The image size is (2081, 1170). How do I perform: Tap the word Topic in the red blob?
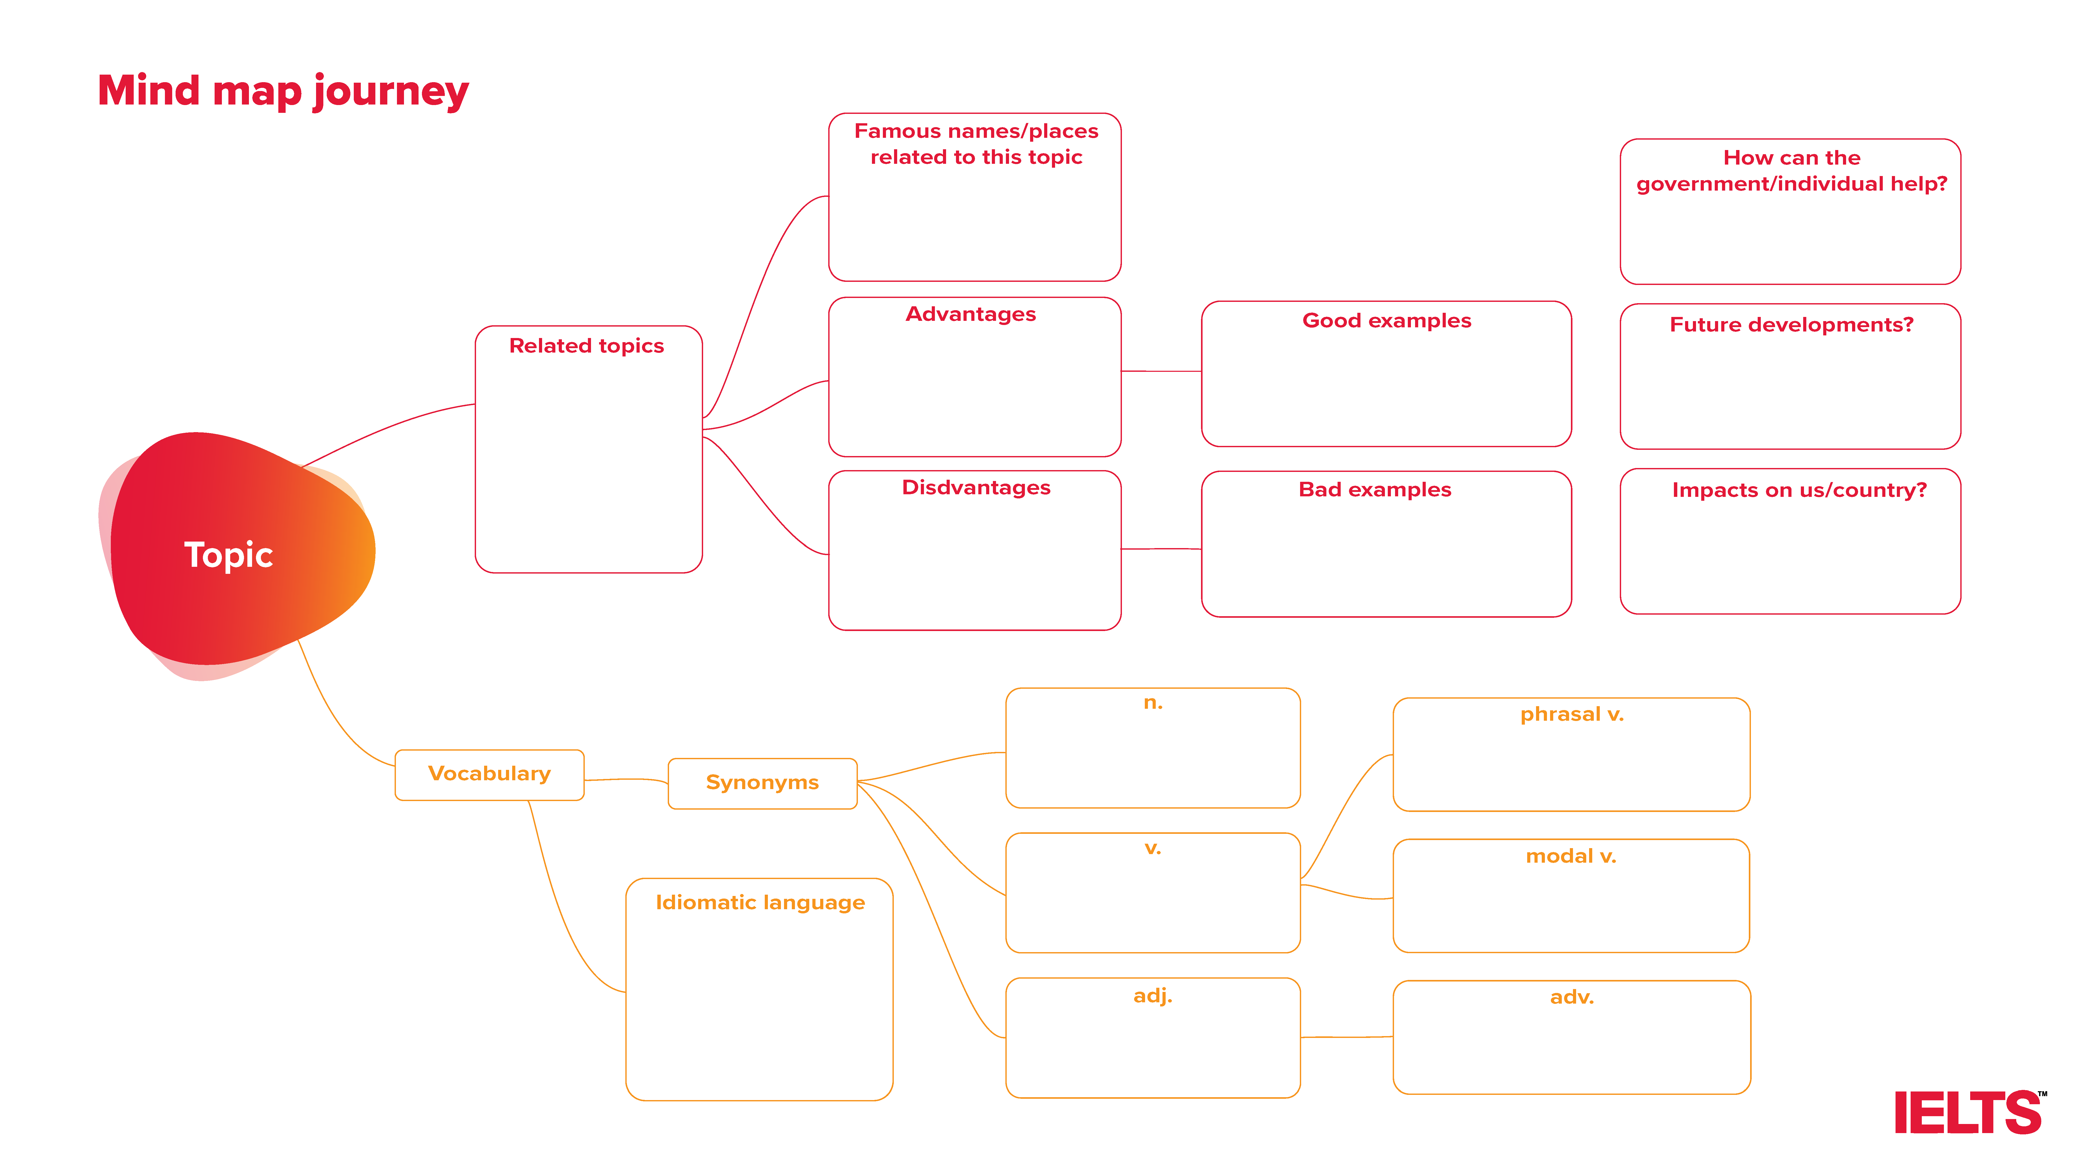[229, 556]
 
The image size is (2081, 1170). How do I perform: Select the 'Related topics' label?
[587, 346]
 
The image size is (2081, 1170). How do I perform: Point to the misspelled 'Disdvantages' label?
[976, 488]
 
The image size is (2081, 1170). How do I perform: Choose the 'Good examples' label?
[1386, 321]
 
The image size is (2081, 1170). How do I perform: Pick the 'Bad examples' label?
[1375, 489]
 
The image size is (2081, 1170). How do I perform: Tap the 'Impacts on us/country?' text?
[1799, 490]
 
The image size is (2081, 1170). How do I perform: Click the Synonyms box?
[763, 783]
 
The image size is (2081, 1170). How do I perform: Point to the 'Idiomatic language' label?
[760, 903]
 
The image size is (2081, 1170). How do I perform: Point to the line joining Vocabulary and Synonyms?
[626, 780]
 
